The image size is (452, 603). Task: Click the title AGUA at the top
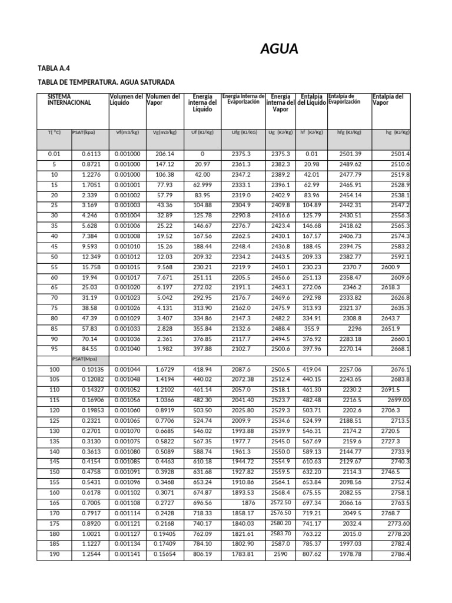pyautogui.click(x=279, y=49)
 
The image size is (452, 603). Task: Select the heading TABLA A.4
pyautogui.click(x=54, y=68)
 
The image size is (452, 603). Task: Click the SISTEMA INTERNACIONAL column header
pyautogui.click(x=69, y=99)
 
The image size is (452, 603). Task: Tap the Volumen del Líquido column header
pyautogui.click(x=126, y=99)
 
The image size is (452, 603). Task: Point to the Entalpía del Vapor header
pyautogui.click(x=388, y=99)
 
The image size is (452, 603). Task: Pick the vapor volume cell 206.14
pyautogui.click(x=165, y=154)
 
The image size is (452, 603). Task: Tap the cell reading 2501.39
pyautogui.click(x=349, y=154)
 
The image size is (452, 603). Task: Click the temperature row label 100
pyautogui.click(x=54, y=369)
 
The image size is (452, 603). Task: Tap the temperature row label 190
pyautogui.click(x=54, y=554)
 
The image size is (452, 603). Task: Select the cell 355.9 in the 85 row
pyautogui.click(x=312, y=329)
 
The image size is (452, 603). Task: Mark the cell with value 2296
pyautogui.click(x=353, y=329)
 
